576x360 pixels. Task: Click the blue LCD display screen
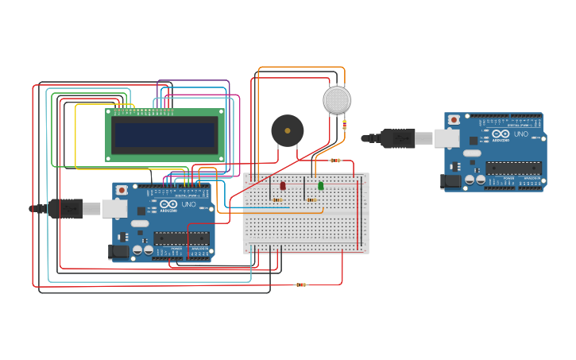[165, 135]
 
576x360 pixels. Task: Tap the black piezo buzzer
[287, 130]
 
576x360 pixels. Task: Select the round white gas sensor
[337, 100]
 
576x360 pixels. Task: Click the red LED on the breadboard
[282, 186]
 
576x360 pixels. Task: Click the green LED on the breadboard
[321, 186]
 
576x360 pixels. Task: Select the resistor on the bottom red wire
[300, 285]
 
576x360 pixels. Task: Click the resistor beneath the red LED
[276, 199]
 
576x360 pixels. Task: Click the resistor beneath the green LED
[310, 199]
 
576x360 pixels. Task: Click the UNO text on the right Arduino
[521, 134]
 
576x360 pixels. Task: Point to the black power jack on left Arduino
[118, 252]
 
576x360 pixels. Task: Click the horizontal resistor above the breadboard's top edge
[335, 161]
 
